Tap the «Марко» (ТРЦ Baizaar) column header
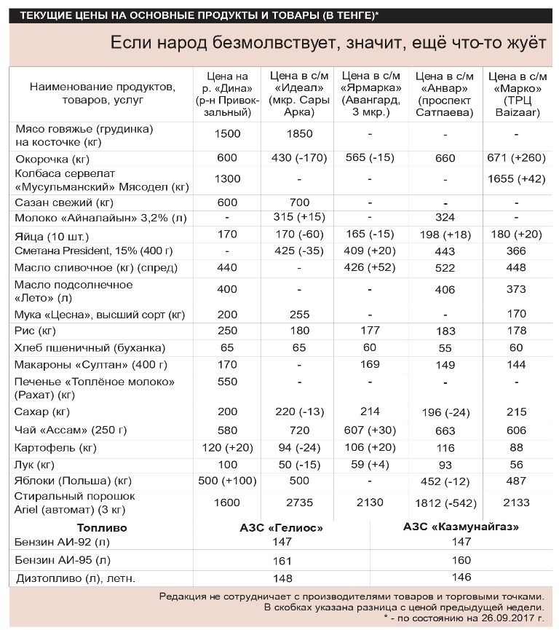[517, 94]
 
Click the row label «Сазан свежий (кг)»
[65, 202]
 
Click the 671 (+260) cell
[517, 159]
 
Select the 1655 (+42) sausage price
[517, 179]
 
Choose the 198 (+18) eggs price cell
[445, 235]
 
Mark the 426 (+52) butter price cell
[370, 267]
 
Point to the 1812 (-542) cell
[445, 503]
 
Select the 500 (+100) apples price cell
[228, 481]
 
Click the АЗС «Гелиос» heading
[281, 527]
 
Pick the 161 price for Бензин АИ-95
[281, 562]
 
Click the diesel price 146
[461, 578]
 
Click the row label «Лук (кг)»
[35, 464]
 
